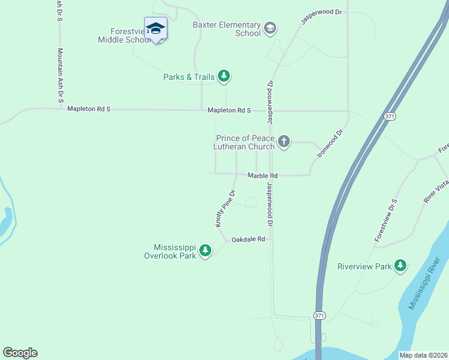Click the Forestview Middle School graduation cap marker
(x=155, y=28)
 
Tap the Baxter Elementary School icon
(x=270, y=27)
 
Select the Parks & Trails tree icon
(x=224, y=76)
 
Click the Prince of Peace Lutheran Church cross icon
(x=284, y=142)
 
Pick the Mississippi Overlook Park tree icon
(x=205, y=250)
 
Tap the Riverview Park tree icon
(x=400, y=265)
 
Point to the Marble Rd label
(x=262, y=176)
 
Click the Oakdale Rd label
(x=248, y=239)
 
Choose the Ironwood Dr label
(x=330, y=144)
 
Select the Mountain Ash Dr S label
(x=60, y=75)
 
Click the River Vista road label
(x=436, y=192)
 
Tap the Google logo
(x=20, y=353)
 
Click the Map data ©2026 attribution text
(x=423, y=355)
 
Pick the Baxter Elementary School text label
(x=226, y=29)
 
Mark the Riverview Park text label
(x=364, y=266)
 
